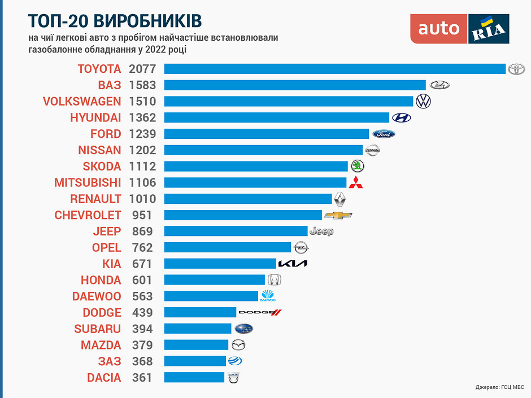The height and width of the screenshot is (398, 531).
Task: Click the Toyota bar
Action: pos(334,69)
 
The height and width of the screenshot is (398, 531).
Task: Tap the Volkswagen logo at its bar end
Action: pos(423,101)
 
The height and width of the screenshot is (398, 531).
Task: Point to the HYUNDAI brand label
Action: pos(95,117)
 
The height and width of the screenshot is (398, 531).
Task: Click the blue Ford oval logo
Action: pos(383,134)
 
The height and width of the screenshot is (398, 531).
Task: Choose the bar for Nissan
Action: pos(263,150)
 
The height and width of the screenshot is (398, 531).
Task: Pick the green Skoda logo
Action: pos(358,166)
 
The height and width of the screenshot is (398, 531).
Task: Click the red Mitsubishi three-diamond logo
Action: pos(355,182)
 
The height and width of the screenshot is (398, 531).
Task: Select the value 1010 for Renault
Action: pos(141,199)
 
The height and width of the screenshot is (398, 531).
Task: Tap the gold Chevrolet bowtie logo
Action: pos(338,215)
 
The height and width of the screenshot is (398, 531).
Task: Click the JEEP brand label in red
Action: pos(107,231)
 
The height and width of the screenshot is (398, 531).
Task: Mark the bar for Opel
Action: pos(227,247)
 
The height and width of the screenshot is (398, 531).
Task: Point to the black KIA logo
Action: pos(293,264)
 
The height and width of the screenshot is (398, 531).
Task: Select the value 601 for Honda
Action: pos(142,280)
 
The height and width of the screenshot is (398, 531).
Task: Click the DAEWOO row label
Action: pos(97,296)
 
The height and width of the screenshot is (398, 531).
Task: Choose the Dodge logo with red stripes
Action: pos(260,312)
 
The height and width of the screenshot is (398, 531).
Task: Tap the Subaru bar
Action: pos(198,329)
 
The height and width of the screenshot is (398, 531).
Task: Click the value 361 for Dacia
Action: pos(142,377)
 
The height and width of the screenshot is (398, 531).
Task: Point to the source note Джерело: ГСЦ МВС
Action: pos(499,387)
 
